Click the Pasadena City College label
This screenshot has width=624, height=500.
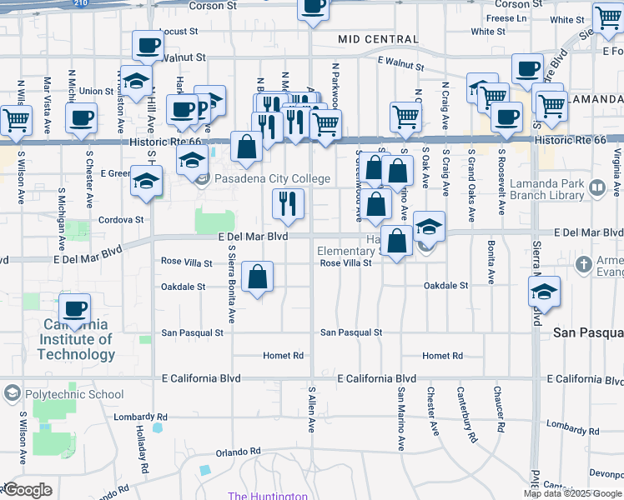[x=272, y=179]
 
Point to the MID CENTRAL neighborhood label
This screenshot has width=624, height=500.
[x=378, y=39]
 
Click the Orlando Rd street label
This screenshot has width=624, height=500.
[x=233, y=452]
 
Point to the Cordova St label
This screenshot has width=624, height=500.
[x=123, y=220]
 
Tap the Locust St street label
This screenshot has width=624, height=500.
[x=176, y=31]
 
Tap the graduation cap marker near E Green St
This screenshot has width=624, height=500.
[x=147, y=181]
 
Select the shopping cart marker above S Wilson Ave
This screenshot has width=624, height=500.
[x=16, y=121]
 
